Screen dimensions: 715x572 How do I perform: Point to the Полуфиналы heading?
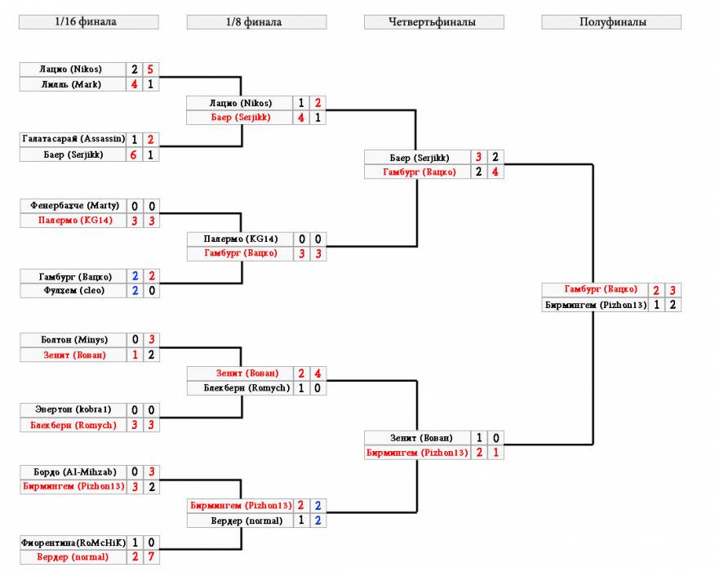point(611,22)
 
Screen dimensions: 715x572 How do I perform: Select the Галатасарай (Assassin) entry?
point(73,139)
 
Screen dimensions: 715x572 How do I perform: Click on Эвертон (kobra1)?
point(73,409)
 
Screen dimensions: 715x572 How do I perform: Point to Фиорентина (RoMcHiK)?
point(73,543)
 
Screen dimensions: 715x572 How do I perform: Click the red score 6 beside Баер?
point(134,154)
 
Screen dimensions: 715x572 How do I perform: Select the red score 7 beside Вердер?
point(151,557)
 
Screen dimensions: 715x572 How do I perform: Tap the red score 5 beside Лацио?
point(150,69)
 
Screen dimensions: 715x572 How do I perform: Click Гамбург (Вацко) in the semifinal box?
point(601,289)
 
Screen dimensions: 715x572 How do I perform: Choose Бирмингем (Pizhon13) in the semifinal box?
point(596,305)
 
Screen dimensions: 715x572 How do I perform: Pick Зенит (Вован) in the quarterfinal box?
point(421,438)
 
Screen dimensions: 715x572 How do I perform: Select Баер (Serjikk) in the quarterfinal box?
point(419,158)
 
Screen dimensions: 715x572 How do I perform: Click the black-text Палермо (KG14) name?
point(240,239)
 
